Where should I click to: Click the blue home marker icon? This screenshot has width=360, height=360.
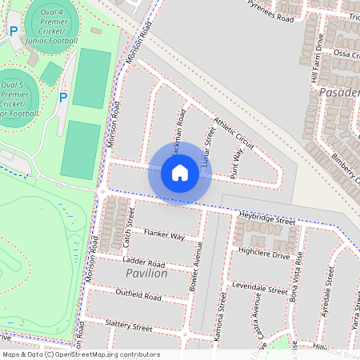coord(179,173)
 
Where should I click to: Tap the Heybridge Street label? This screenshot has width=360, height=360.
coord(266,218)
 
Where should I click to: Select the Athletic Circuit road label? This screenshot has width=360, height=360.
coord(233,134)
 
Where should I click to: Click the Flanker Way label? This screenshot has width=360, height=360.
coord(164,235)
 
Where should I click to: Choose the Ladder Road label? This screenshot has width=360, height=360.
coord(144,263)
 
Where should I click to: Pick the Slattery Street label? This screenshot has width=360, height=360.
coord(129,326)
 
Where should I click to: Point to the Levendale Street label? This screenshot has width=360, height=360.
coord(259,287)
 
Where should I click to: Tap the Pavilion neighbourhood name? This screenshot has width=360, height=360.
coord(146,274)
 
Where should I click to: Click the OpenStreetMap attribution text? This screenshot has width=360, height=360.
coord(81,354)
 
